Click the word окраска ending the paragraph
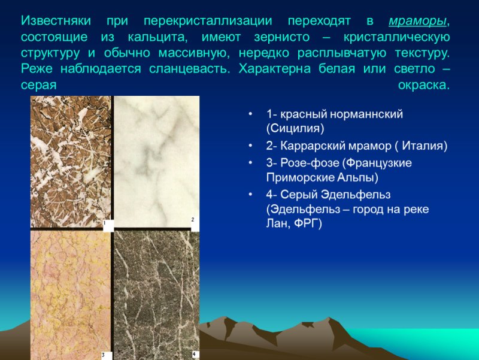coord(423,84)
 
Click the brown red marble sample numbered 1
coord(71,162)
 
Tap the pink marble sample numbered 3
coord(71,294)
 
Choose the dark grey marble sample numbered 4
coord(156,294)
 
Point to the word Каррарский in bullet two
coord(316,146)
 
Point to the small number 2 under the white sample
coord(193,220)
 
